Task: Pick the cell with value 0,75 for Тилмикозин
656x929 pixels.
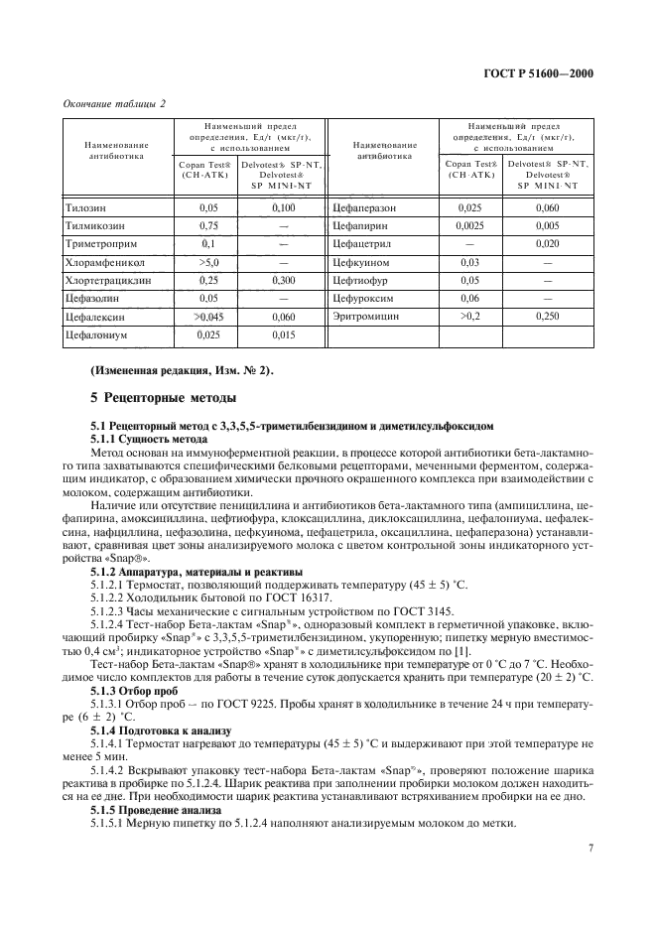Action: [x=208, y=225]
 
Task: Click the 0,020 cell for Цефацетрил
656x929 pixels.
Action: [x=547, y=244]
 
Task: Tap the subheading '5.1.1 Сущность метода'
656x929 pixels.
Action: [x=142, y=438]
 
